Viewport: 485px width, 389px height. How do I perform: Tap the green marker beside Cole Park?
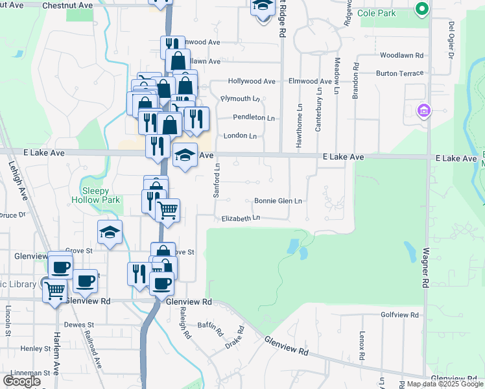point(421,9)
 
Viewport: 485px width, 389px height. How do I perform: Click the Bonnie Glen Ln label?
point(278,201)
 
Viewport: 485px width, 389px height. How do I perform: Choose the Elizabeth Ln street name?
point(241,219)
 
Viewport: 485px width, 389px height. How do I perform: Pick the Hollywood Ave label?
point(252,82)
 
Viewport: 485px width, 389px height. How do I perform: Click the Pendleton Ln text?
point(254,118)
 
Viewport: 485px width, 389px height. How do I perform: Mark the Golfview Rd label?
point(400,314)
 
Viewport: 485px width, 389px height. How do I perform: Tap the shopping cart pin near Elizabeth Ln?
point(168,209)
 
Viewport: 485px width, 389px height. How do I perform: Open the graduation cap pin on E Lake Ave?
point(185,154)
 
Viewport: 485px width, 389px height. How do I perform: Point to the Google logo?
point(22,381)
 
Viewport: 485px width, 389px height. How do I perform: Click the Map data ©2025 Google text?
point(445,384)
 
